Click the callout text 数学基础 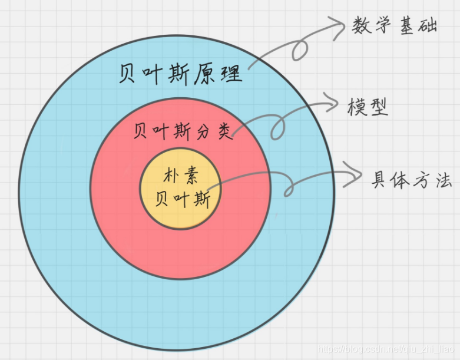point(395,26)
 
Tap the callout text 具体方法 point(411,180)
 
